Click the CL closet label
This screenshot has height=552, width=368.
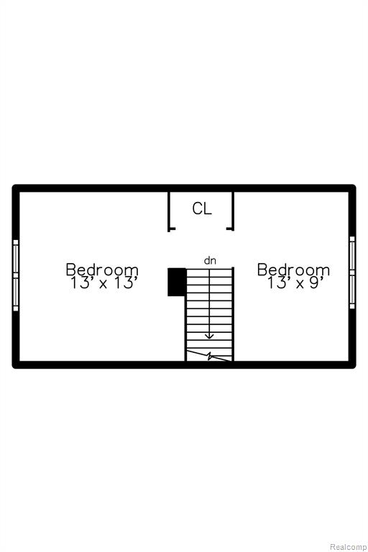[x=202, y=208]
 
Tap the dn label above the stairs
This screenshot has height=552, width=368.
[x=210, y=261]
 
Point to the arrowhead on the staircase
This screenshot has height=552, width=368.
[x=210, y=336]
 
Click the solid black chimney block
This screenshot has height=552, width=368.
[x=177, y=282]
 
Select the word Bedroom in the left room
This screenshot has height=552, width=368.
[x=102, y=270]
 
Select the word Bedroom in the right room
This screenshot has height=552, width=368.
[x=293, y=270]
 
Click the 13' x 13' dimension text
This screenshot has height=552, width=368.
[x=103, y=282]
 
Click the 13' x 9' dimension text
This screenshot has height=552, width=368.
[x=295, y=282]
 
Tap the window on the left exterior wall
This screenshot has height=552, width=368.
[x=16, y=275]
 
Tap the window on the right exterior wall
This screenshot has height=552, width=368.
[x=352, y=272]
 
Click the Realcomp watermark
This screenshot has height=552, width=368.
[x=348, y=547]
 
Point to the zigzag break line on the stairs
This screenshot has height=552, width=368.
[x=209, y=356]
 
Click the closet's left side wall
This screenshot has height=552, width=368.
[x=170, y=211]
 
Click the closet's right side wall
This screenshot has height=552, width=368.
[x=232, y=211]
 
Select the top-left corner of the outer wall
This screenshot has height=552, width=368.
[x=13, y=185]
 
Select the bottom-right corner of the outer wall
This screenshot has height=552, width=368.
[x=355, y=368]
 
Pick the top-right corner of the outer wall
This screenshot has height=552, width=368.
[x=355, y=185]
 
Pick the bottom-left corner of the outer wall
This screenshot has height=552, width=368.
[x=13, y=368]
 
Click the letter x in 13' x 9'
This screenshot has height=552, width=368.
[x=300, y=284]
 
